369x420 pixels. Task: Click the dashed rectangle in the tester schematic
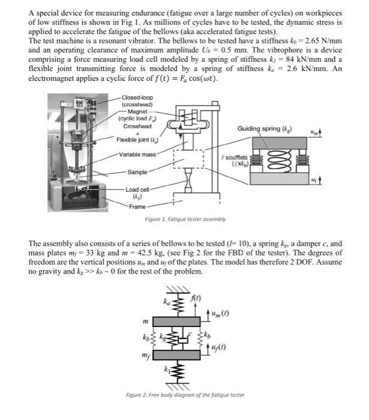tap(189, 157)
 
